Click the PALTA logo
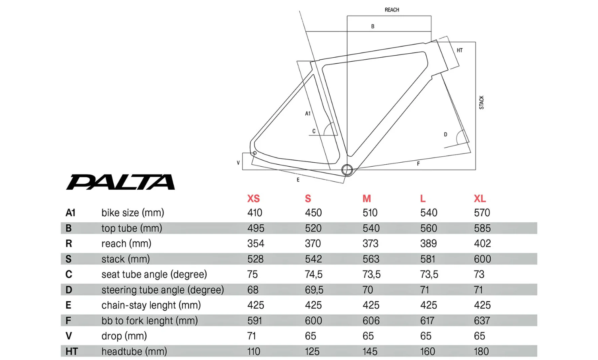tap(120, 182)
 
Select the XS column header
tap(253, 198)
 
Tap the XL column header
tap(480, 198)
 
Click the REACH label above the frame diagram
tap(392, 10)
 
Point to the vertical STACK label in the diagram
tap(482, 103)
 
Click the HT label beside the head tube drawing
tap(460, 50)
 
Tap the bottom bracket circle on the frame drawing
tap(347, 170)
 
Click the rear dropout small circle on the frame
tap(255, 153)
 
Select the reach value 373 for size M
tap(370, 243)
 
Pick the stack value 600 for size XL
tap(482, 259)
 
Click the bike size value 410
tap(255, 212)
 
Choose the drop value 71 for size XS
tap(251, 336)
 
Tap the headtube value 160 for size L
tap(427, 351)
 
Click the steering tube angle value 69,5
tap(314, 290)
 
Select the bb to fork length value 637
tap(482, 321)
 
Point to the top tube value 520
tap(313, 228)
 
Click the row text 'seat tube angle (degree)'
tap(154, 274)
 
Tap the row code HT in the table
tap(72, 351)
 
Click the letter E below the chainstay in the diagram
tap(298, 180)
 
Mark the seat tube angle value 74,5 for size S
tap(314, 274)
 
